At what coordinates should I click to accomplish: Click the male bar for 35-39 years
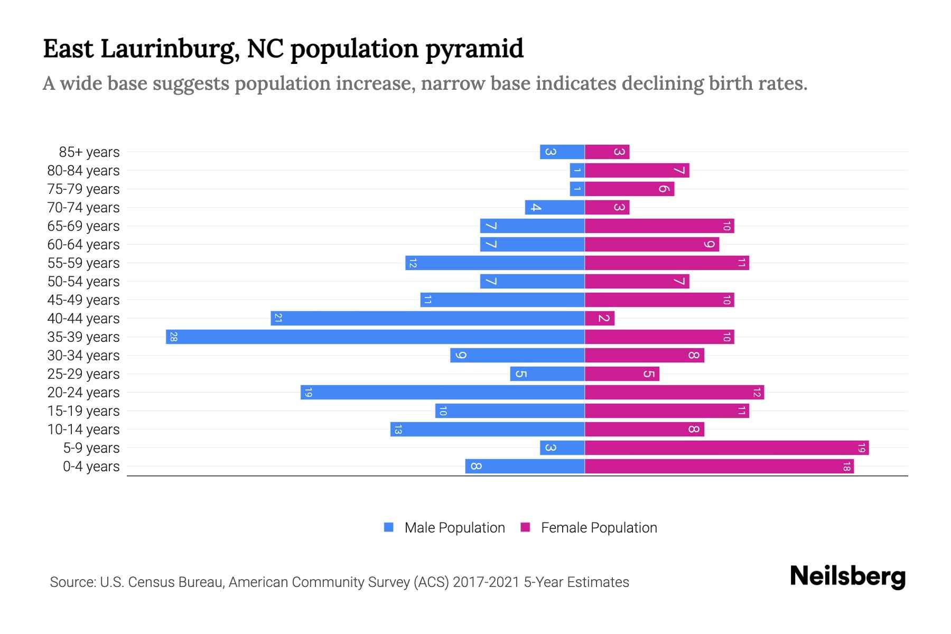point(375,337)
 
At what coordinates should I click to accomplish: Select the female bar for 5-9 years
point(726,448)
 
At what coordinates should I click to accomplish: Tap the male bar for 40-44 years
point(427,318)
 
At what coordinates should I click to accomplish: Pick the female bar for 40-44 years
point(600,318)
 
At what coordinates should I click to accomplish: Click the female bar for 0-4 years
point(719,467)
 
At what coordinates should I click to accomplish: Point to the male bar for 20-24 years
point(443,393)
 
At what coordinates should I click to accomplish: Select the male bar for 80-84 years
point(577,170)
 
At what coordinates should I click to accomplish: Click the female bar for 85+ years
point(607,152)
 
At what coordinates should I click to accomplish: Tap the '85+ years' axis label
point(89,152)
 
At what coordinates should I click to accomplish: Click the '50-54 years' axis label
point(83,282)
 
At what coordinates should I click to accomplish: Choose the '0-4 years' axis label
point(91,467)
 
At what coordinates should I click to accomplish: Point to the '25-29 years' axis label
point(83,374)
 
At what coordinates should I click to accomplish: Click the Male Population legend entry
point(444,528)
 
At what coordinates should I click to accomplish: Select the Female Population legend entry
point(589,528)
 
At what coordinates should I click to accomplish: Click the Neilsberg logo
point(847,576)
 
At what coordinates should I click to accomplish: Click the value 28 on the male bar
point(173,337)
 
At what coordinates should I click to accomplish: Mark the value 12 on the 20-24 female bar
point(757,393)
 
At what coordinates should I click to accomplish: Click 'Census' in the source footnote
point(151,582)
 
